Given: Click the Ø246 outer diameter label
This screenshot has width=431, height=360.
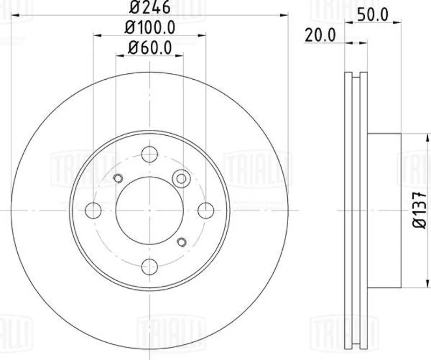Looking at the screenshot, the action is click(150, 7).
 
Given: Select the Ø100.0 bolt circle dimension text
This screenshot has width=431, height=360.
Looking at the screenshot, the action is click(150, 27).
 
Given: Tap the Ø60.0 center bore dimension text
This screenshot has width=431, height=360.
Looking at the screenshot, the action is click(150, 47).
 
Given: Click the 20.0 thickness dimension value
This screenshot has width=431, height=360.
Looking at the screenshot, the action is click(320, 35).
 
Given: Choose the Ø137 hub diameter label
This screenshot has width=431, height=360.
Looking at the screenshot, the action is click(420, 210).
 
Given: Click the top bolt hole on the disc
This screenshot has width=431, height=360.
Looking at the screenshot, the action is click(150, 154).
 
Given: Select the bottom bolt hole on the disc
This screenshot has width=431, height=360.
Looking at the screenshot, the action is click(150, 266).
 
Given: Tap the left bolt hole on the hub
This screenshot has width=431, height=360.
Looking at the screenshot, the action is click(93, 210).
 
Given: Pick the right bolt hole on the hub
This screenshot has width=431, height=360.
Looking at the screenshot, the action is click(206, 210).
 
